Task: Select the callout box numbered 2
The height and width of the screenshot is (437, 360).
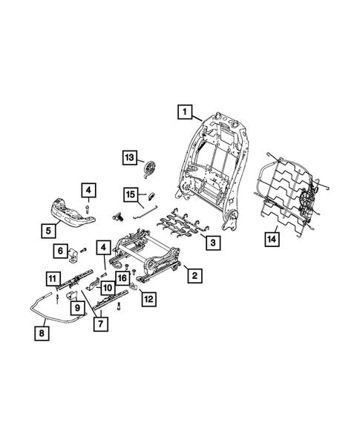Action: point(194,277)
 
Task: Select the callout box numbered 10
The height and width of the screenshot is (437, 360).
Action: point(107,288)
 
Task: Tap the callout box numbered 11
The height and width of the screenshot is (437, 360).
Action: point(52,278)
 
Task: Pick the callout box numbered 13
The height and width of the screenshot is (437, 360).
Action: point(129,157)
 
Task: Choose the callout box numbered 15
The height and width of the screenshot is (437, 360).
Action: point(130,195)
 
